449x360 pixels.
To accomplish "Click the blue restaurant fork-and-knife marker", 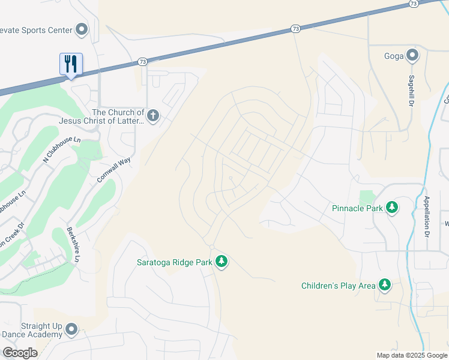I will [x=71, y=64].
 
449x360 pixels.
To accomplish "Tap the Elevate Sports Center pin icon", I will [x=82, y=29].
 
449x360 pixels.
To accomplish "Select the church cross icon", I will [x=153, y=116].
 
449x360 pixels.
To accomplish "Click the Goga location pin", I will [x=412, y=56].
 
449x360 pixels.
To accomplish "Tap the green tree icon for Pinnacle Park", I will [x=392, y=208].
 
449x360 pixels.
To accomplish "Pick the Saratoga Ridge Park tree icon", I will [x=221, y=261].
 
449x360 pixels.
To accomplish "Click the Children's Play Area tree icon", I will [x=384, y=285].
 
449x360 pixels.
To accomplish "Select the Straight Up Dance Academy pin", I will [x=71, y=329].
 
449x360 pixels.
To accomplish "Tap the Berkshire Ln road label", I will [x=73, y=245].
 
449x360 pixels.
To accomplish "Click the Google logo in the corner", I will [x=20, y=353].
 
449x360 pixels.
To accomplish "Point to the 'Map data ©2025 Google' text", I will [x=411, y=355].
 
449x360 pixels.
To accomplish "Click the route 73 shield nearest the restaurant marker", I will [x=142, y=61].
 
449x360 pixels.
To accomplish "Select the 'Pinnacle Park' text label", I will [x=357, y=208].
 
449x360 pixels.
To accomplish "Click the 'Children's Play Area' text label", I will [x=338, y=286].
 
